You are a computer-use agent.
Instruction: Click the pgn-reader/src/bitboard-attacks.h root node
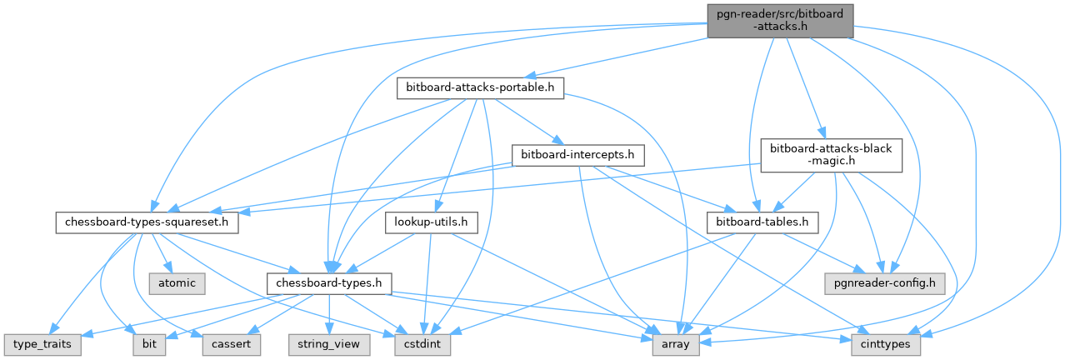click(781, 19)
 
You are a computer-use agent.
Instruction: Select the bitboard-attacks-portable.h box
click(480, 87)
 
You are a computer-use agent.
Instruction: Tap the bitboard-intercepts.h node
click(577, 155)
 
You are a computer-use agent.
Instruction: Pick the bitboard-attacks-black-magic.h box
click(831, 155)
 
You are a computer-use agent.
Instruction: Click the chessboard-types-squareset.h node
click(147, 223)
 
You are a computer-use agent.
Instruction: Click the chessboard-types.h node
click(329, 283)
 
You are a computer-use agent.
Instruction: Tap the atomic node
click(177, 283)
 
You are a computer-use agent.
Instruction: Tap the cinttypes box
click(886, 343)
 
